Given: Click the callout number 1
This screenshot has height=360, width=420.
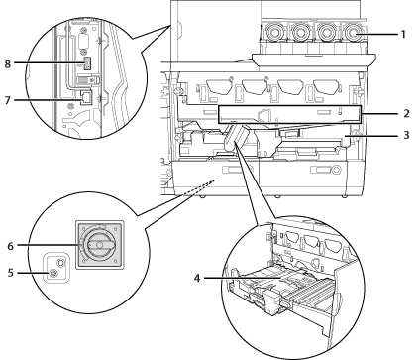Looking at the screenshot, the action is pos(403,34).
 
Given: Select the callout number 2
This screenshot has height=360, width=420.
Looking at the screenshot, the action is pos(406,113).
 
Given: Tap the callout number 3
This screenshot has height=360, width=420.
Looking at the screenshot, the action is pos(406,135).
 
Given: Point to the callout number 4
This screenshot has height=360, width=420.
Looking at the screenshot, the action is pos(197,278).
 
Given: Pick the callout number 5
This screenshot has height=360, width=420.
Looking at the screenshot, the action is pos(11,273).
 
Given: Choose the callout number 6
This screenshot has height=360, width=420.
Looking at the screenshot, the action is pos(11,246).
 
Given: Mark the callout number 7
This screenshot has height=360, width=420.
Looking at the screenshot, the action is pos(8,100).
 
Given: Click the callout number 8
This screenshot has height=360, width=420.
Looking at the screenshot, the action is pos(8,63).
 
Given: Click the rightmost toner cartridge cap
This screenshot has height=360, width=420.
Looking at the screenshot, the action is pos(354,33).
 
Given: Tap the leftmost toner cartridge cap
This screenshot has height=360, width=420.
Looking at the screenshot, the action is pos(273,33).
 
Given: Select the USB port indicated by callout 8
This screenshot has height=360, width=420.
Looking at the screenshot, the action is pos(87,63).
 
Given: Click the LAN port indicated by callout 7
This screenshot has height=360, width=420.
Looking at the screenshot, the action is pos(87,97).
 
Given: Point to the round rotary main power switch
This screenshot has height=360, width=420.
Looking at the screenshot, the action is pos(100,245).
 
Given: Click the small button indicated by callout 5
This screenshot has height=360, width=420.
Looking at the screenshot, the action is pos(53,273).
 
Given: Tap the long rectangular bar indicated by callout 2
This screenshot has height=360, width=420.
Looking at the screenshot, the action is pos(289,115).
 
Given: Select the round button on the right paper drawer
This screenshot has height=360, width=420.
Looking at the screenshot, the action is pos(336,170).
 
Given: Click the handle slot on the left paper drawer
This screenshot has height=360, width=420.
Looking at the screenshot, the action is pos(232,170).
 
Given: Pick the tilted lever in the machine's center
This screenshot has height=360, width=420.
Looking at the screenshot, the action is pos(236,137).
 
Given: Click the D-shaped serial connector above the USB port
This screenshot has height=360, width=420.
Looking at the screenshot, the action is pos(85,42).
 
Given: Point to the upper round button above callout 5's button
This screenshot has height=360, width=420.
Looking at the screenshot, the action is pos(60,263).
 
